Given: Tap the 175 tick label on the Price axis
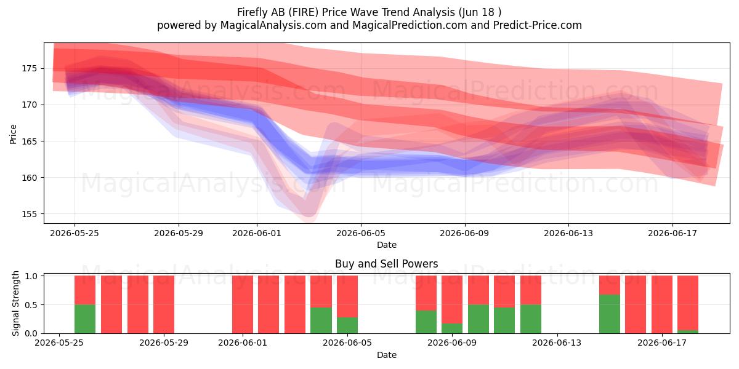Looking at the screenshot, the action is [29, 68].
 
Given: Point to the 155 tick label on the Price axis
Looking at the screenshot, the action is [29, 214].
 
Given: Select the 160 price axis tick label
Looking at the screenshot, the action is [29, 178].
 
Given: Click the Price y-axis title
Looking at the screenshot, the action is [13, 134].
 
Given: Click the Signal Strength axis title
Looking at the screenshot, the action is [15, 303].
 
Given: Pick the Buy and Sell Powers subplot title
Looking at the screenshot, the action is [386, 264].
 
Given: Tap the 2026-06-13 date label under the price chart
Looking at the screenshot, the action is [568, 233].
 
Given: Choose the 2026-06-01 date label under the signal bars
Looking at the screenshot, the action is [243, 343].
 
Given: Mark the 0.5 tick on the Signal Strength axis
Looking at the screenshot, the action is [31, 305].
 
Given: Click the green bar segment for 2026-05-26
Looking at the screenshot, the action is [85, 319].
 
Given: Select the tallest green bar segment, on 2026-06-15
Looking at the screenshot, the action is [609, 314].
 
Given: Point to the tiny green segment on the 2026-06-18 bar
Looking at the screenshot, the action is [687, 331].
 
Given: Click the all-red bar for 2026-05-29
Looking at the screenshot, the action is [164, 304].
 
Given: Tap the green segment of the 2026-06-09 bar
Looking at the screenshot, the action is [452, 328].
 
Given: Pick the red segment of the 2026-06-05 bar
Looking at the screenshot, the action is [347, 296].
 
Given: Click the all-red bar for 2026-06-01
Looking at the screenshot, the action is [243, 304].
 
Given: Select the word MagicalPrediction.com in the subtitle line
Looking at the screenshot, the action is [410, 25].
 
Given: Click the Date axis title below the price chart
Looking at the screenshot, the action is [387, 245].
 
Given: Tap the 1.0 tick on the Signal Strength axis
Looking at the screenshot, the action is [31, 276].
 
